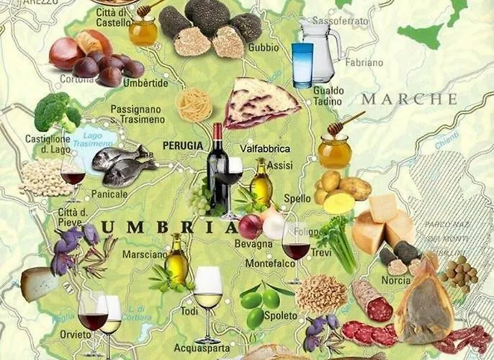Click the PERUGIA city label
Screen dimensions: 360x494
click(183, 145)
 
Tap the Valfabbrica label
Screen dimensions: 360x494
click(265, 148)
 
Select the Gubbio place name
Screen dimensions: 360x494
click(264, 48)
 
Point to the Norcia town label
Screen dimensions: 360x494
click(395, 280)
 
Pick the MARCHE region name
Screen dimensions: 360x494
click(409, 99)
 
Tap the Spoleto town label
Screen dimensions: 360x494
click(281, 315)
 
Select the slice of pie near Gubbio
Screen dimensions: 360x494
click(259, 103)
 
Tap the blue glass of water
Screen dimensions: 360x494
click(302, 64)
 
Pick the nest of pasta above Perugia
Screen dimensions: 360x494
click(194, 105)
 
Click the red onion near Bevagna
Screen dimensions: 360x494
click(250, 227)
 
